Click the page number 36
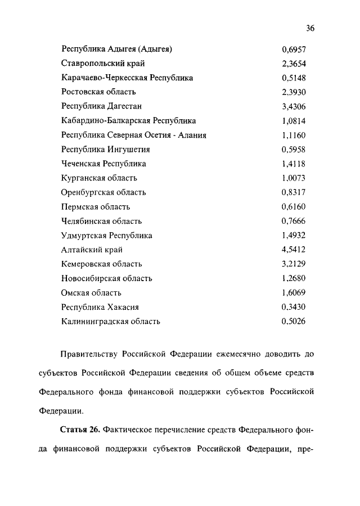click(310, 29)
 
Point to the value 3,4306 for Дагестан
click(294, 106)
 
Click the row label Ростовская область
click(98, 92)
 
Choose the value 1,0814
click(294, 120)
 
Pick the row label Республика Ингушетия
click(106, 150)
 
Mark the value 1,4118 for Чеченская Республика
click(294, 164)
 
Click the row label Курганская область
click(99, 178)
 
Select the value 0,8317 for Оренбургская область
click(294, 192)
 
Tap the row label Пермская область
click(96, 207)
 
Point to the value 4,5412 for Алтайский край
click(294, 250)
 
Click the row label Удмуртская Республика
click(107, 236)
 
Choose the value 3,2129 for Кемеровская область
click(294, 264)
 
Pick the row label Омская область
click(92, 293)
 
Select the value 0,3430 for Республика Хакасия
click(294, 307)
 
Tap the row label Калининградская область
click(111, 322)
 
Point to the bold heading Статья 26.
click(80, 430)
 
